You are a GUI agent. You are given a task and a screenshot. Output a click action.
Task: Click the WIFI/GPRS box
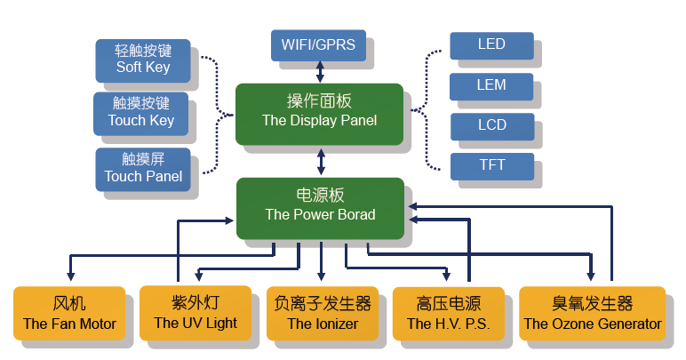[317, 45]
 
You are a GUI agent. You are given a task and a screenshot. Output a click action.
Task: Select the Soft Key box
[142, 58]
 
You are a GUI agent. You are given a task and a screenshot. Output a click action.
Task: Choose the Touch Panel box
[142, 168]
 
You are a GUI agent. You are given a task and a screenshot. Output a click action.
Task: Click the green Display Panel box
[319, 112]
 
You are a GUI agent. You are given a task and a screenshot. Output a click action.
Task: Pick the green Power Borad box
[320, 206]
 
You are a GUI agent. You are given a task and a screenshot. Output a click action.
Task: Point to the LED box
[491, 45]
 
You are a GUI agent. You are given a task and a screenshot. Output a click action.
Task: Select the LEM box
[491, 86]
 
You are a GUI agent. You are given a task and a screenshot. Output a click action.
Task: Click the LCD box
[491, 125]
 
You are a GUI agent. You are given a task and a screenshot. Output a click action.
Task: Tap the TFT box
[491, 165]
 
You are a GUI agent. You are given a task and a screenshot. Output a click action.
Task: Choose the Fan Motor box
[69, 314]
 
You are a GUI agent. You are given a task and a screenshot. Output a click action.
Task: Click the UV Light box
[195, 314]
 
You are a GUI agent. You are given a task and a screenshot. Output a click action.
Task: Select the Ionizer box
[322, 314]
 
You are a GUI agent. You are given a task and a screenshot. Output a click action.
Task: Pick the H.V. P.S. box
[448, 314]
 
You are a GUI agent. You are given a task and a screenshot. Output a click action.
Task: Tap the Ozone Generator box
[592, 314]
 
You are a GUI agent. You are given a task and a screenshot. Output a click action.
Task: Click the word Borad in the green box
[356, 215]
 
